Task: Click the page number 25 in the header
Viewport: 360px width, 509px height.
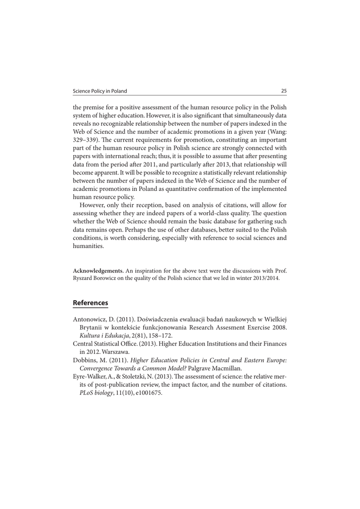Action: point(284,91)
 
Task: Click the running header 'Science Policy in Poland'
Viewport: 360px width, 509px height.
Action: point(99,91)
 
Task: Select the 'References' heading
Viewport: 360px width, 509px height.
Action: point(90,303)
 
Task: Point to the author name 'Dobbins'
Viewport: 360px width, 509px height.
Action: point(86,360)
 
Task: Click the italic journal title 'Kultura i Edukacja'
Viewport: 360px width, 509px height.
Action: point(102,336)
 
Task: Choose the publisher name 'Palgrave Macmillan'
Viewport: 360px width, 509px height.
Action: point(216,368)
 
